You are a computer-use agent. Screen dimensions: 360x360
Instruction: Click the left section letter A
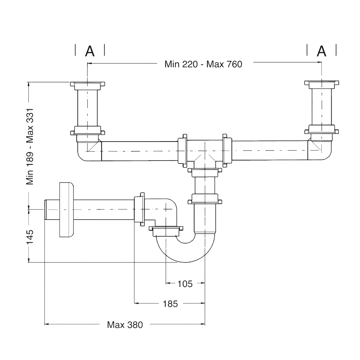click(x=90, y=51)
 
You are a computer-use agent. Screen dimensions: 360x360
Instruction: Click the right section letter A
click(x=321, y=51)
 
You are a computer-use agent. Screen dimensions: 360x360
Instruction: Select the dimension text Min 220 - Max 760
click(x=203, y=64)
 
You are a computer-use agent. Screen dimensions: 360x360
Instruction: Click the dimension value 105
click(x=185, y=284)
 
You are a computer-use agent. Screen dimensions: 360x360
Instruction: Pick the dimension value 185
click(x=170, y=304)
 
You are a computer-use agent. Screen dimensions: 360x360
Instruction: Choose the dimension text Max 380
click(x=125, y=325)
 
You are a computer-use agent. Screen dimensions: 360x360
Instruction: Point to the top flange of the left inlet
click(x=87, y=85)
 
